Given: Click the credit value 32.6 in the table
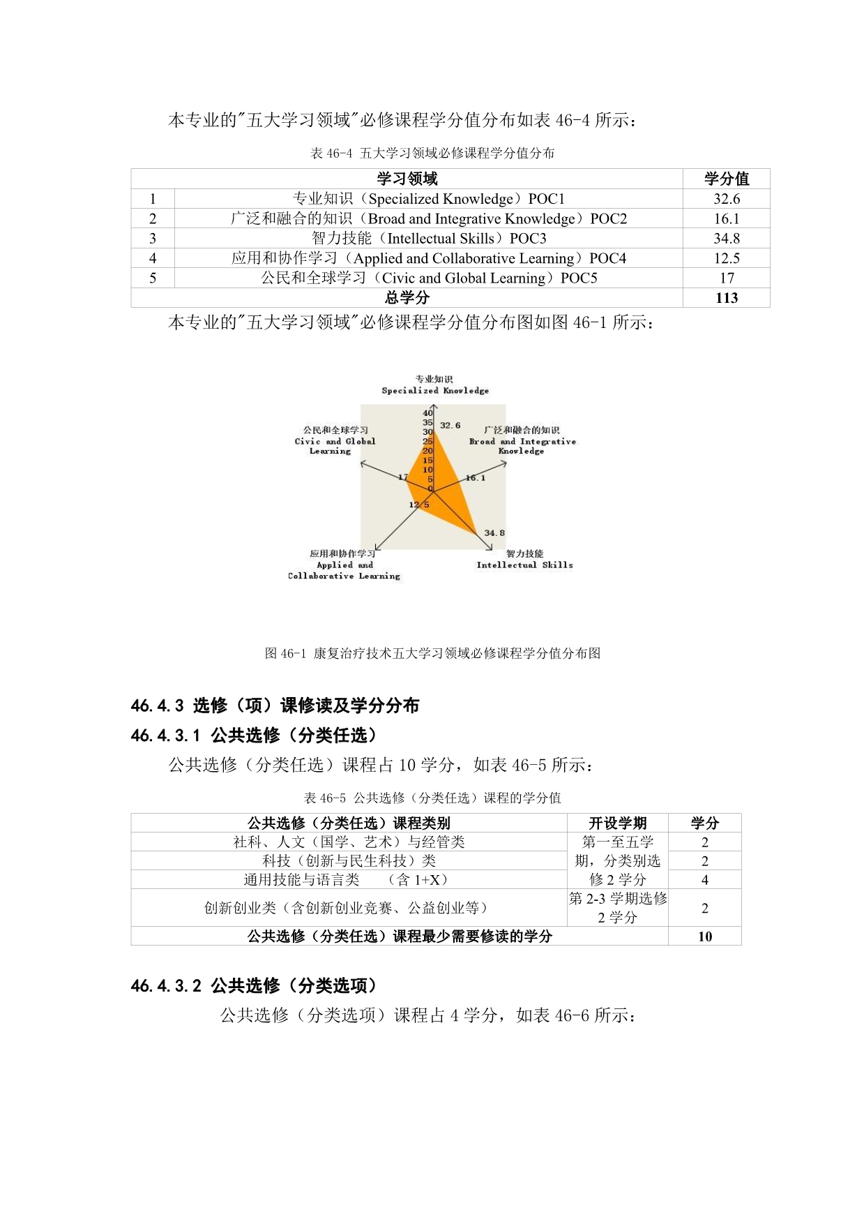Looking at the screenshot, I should [726, 199].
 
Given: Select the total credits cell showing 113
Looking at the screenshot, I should [726, 298].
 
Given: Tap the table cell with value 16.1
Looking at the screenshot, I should [726, 218].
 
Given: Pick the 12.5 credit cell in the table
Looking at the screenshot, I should [726, 258].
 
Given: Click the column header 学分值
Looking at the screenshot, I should [726, 179].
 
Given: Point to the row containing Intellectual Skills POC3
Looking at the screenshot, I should [428, 239].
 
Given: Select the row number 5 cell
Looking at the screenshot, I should [153, 278].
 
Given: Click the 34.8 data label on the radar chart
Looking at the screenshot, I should [494, 532].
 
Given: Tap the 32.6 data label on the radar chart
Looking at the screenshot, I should [450, 425].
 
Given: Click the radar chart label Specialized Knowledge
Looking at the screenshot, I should [435, 391].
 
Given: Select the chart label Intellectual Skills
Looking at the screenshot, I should [524, 565].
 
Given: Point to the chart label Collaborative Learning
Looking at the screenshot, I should [344, 576].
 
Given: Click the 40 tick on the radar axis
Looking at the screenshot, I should [427, 413].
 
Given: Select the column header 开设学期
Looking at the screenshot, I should [617, 823].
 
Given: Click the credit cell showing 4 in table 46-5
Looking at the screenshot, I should [704, 880].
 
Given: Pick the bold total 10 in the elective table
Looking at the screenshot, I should [704, 936].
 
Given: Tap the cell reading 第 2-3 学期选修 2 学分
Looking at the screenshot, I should [617, 908].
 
